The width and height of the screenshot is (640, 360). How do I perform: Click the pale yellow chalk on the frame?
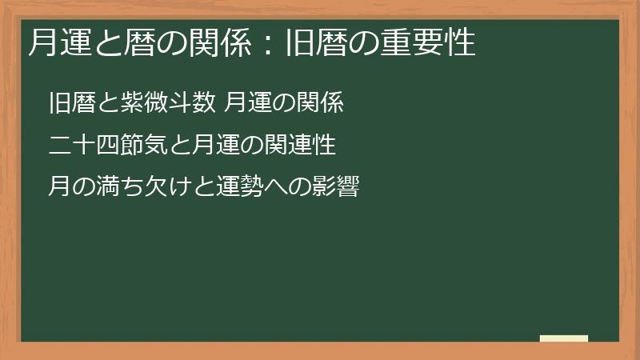tap(564, 338)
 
